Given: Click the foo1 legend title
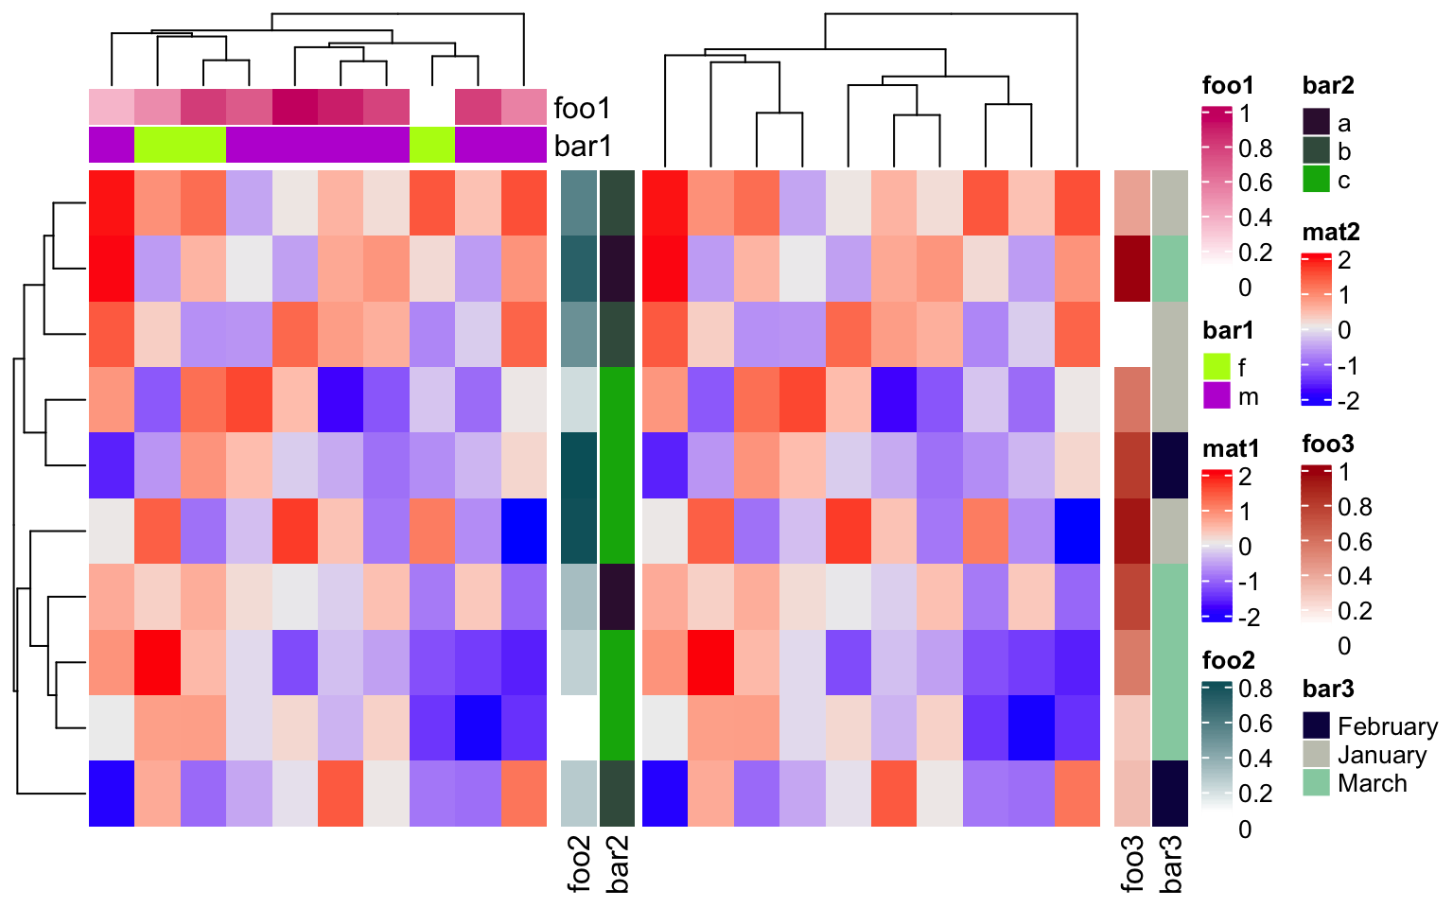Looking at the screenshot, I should click(1227, 85).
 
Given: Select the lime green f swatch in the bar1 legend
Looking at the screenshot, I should click(1217, 367).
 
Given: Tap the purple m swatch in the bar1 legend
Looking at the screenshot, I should click(1217, 395).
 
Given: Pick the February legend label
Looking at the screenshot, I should click(1387, 726).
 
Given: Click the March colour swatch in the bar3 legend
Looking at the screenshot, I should click(1317, 782).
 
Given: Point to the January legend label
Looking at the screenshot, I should click(1381, 755).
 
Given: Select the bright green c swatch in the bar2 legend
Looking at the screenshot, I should click(1317, 179).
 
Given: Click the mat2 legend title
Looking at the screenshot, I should click(1331, 232).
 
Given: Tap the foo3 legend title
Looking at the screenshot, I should click(1328, 444).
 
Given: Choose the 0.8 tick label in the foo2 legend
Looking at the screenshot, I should click(1255, 689).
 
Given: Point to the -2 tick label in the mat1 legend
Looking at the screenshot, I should click(1249, 618).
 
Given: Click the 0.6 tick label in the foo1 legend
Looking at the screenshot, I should click(1255, 183).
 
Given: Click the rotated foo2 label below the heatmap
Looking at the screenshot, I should click(579, 863).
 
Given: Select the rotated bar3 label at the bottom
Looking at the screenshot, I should click(1170, 863).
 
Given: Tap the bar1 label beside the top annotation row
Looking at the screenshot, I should click(583, 146).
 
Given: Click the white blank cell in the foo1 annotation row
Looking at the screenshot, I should click(432, 107).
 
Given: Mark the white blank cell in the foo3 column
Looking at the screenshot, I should click(1132, 334).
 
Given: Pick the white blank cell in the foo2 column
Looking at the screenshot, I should click(579, 727).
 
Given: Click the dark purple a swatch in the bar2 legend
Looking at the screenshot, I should click(1317, 122).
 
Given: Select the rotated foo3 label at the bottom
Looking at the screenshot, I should click(1132, 863).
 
